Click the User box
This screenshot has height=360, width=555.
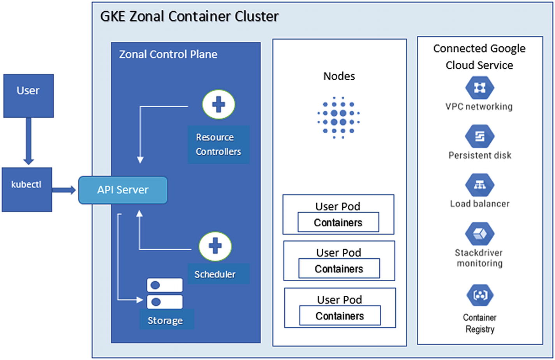click(x=28, y=96)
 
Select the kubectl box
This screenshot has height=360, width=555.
click(x=27, y=190)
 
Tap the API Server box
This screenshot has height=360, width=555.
click(x=123, y=190)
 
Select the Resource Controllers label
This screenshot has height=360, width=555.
click(x=218, y=145)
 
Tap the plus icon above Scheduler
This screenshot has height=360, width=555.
click(x=215, y=246)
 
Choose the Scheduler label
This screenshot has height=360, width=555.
click(x=215, y=274)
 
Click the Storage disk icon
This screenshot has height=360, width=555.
click(x=164, y=293)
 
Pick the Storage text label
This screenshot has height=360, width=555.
click(x=165, y=321)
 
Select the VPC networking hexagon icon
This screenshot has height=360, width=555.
click(x=479, y=88)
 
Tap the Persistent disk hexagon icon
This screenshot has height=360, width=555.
click(x=479, y=137)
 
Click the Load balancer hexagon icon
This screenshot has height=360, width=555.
click(x=479, y=185)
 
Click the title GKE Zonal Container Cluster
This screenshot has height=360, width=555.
click(x=189, y=16)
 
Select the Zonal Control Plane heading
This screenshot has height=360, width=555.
click(x=168, y=54)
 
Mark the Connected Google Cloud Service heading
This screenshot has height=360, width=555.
click(x=479, y=56)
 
